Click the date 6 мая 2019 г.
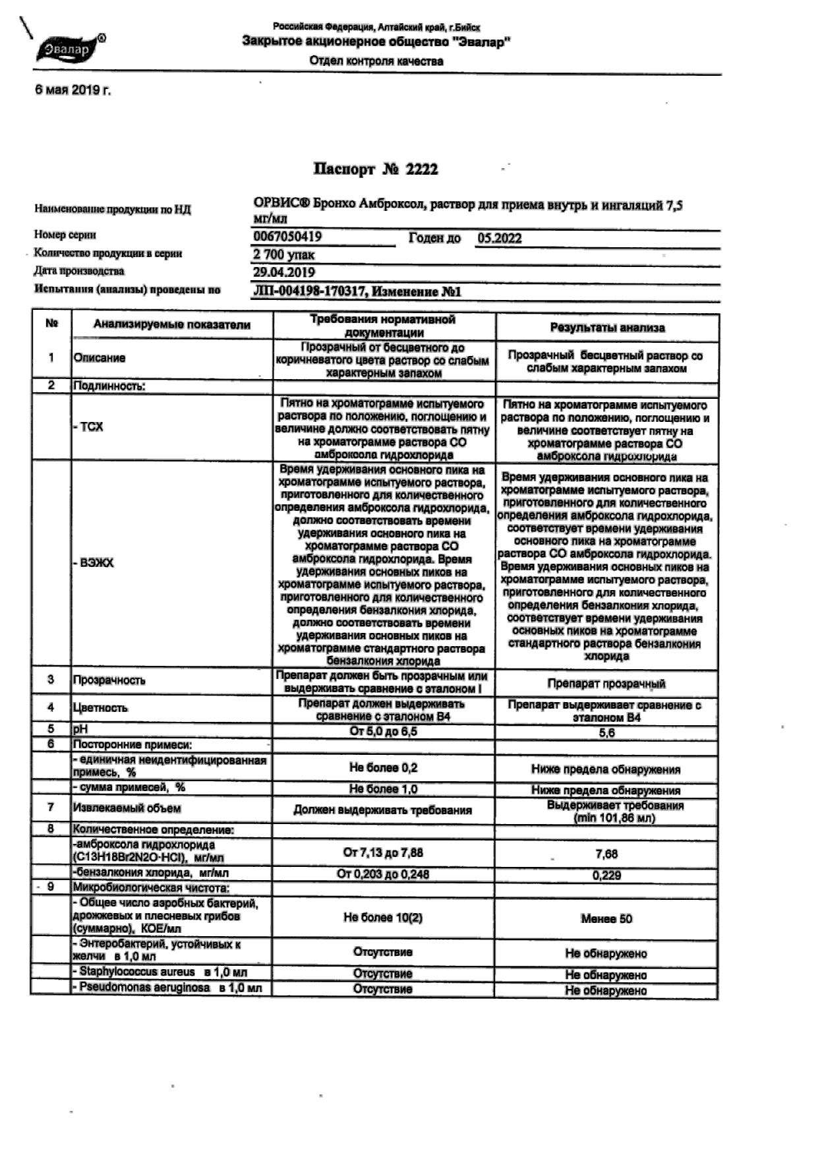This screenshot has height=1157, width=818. [x=73, y=90]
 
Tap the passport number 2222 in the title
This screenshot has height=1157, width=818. [x=421, y=169]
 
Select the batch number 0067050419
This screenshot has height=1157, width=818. [x=287, y=237]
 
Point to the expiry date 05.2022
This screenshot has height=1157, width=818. [x=499, y=239]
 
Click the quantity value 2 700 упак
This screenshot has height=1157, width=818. [x=284, y=255]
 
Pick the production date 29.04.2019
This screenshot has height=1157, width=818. [x=284, y=272]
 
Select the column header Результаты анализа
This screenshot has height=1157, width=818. [x=607, y=328]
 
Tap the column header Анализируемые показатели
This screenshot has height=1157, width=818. [x=172, y=324]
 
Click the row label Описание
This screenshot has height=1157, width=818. [x=100, y=358]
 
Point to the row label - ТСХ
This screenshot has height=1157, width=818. [x=88, y=427]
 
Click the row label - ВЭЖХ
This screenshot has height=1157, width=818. [x=94, y=563]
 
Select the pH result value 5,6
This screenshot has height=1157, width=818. [x=606, y=733]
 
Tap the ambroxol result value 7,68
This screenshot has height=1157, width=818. [x=606, y=854]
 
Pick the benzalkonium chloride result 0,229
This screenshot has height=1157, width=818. [x=606, y=875]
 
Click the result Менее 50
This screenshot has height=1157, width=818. [x=606, y=919]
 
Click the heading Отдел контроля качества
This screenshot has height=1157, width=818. [x=376, y=61]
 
